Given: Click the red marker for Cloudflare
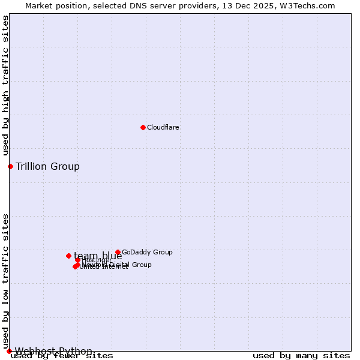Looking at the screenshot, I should point(143,127).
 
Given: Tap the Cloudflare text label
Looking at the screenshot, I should point(163,127).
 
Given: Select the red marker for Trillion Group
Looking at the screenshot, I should point(10,166).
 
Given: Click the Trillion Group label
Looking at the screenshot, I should point(47,166).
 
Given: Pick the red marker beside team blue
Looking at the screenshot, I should point(68,256).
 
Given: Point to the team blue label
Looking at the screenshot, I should point(98,256).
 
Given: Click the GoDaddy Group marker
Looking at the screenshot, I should point(118,253).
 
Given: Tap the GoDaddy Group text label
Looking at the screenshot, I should point(147,253).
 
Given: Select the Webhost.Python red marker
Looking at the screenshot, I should point(9,351).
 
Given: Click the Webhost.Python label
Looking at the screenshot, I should point(53,351).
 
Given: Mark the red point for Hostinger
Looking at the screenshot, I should point(77,260).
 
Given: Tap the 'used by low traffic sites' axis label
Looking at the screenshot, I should point(6,281).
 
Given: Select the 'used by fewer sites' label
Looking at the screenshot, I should point(62,356).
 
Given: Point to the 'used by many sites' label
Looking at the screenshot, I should point(301,356).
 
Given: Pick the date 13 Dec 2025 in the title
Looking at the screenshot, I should point(256,6).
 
